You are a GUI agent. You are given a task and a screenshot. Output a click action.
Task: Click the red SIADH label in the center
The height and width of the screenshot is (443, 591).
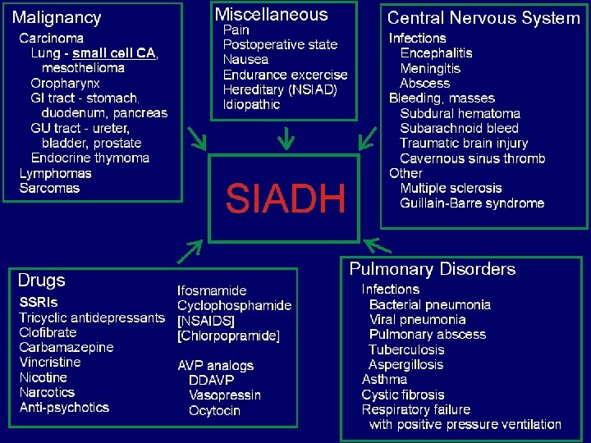[x=286, y=199]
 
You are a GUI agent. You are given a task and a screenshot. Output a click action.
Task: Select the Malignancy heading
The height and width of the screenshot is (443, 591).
[x=57, y=18]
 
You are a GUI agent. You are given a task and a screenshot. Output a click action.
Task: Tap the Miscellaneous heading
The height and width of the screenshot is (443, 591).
[x=271, y=15]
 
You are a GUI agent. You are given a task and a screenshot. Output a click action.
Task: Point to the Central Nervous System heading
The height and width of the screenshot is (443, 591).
[x=483, y=18]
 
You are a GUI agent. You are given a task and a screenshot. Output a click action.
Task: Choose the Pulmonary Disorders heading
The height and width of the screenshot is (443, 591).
[x=433, y=269]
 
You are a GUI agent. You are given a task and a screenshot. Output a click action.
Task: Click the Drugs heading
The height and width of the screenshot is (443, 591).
[x=41, y=281]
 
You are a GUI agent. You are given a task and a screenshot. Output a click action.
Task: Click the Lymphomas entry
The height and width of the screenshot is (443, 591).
[x=56, y=173]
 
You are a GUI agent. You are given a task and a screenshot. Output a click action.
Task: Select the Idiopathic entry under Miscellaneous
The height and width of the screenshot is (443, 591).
[x=252, y=104]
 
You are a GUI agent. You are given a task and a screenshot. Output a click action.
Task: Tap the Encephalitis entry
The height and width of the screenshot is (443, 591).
[x=437, y=53]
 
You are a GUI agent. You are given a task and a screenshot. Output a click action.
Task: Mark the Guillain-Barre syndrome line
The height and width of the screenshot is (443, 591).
[x=472, y=203]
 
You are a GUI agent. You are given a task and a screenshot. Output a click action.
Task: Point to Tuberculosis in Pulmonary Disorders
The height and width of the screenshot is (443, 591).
[x=405, y=349]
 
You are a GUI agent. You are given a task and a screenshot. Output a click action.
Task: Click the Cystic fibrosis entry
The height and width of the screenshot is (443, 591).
[x=403, y=395]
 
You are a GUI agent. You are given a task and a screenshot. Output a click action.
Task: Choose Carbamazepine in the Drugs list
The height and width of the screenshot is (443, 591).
[x=66, y=347]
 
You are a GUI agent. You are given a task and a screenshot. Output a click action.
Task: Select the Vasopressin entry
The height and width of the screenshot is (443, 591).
[x=225, y=395]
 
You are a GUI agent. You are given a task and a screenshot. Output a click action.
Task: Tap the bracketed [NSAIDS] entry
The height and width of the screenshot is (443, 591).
[x=206, y=321]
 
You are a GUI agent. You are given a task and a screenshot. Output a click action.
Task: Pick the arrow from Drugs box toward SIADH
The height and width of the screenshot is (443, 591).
[x=190, y=252]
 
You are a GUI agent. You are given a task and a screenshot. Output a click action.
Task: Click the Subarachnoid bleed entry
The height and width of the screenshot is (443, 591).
[x=459, y=128]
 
